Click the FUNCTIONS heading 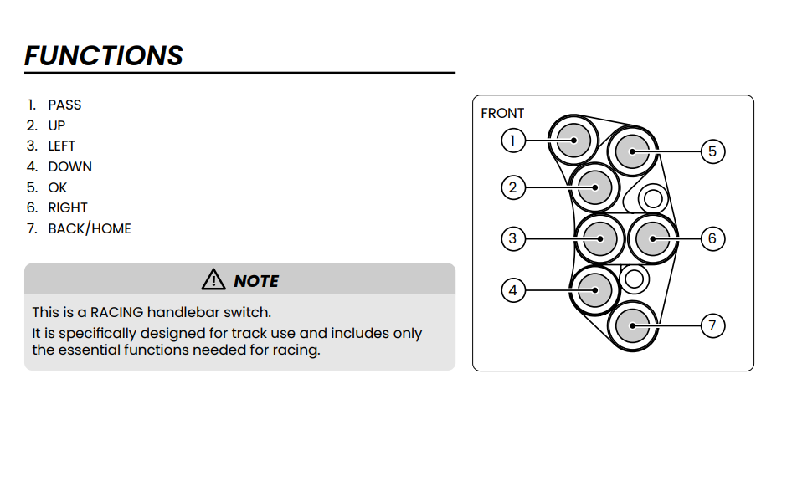click(104, 55)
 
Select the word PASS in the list click(64, 105)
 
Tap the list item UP click(57, 125)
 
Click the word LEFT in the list click(62, 146)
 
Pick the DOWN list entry click(69, 166)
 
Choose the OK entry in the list click(58, 187)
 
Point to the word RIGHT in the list click(68, 208)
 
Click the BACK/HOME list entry click(90, 228)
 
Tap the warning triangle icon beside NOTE click(213, 279)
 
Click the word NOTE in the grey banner click(256, 281)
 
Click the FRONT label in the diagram click(502, 114)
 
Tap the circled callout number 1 click(513, 141)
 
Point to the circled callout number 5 click(712, 151)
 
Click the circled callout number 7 click(712, 325)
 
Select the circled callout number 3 click(513, 238)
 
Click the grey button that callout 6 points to click(652, 238)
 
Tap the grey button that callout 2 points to click(595, 187)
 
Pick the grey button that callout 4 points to click(595, 290)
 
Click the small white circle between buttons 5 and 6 click(653, 198)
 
